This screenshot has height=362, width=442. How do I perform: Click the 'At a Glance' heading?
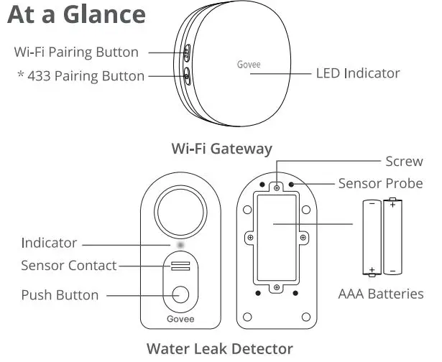(x=76, y=15)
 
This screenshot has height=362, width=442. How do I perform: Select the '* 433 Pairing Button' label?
(x=80, y=75)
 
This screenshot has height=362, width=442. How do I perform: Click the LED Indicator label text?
(x=358, y=73)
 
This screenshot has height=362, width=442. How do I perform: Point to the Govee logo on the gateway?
(x=249, y=63)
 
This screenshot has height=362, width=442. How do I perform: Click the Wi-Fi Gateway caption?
(x=221, y=149)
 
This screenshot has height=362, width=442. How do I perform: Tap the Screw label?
(x=404, y=162)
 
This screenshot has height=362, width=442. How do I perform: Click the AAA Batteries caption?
(x=381, y=294)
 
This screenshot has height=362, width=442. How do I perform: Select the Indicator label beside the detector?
(x=49, y=243)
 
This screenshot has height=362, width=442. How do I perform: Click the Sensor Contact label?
(x=69, y=266)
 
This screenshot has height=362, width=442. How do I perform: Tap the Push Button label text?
(x=60, y=294)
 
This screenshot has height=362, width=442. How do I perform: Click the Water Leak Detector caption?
(x=220, y=349)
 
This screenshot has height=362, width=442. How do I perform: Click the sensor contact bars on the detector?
(x=181, y=266)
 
